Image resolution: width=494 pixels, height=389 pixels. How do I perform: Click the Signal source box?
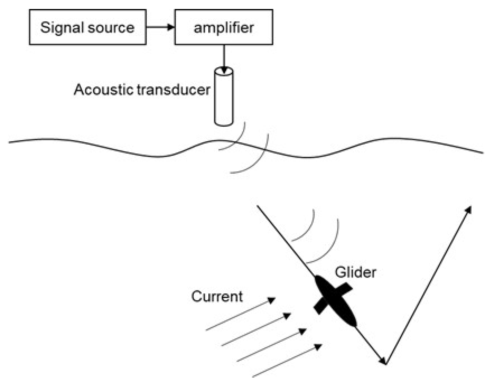click(87, 27)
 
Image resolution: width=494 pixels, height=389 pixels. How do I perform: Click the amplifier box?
click(223, 27)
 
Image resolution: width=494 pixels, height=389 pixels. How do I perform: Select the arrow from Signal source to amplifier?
click(160, 27)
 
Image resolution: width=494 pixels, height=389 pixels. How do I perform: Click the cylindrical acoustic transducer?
click(224, 99)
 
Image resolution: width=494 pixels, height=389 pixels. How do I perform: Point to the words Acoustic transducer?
click(142, 89)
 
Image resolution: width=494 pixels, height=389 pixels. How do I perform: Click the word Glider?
click(355, 273)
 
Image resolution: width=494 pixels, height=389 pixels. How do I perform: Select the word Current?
click(217, 297)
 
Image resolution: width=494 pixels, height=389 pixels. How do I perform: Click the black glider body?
click(336, 301)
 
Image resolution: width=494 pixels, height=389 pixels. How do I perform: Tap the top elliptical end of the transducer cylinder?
click(224, 71)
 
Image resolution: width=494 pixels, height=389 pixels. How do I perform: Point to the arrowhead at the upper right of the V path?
click(468, 210)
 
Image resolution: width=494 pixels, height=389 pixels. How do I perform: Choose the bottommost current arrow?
click(287, 361)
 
